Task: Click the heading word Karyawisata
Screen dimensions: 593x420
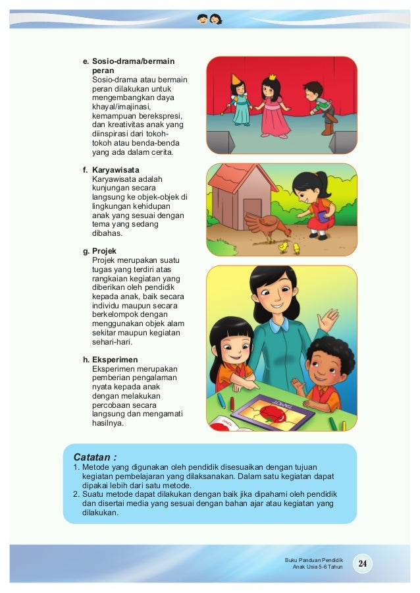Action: click(x=115, y=169)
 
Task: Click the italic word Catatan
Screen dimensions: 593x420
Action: click(x=95, y=456)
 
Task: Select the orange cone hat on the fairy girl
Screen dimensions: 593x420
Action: click(x=236, y=79)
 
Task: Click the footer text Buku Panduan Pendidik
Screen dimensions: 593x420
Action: click(x=310, y=559)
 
